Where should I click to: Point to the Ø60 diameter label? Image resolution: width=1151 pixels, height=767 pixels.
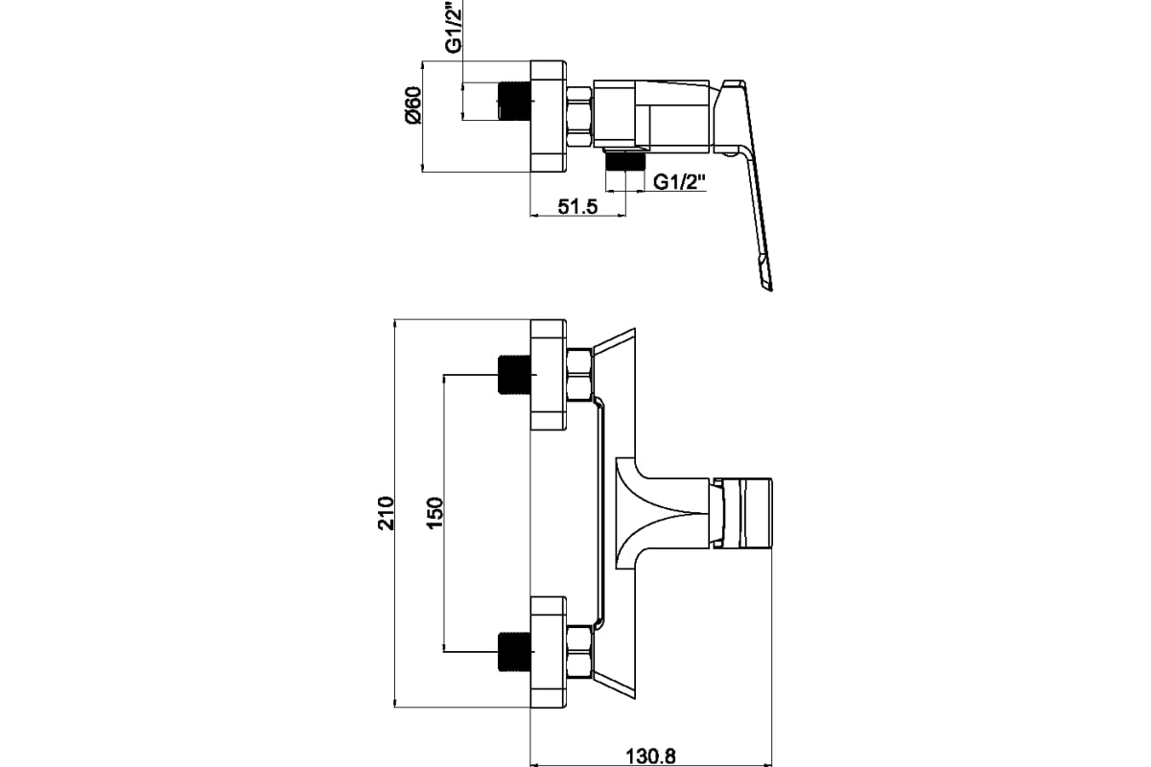[412, 105]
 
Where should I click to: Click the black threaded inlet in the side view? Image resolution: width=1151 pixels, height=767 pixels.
[514, 101]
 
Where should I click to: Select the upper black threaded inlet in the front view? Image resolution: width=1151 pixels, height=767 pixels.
[514, 376]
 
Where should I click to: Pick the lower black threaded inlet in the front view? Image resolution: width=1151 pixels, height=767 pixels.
[514, 652]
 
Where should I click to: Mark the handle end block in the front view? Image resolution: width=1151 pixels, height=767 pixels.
[746, 512]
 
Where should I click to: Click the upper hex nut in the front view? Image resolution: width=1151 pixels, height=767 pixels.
[579, 375]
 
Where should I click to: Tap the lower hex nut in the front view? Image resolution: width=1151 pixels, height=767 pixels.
[579, 652]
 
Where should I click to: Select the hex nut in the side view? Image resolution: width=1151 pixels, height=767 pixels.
[579, 116]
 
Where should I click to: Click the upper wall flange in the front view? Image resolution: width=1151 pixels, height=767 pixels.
[549, 375]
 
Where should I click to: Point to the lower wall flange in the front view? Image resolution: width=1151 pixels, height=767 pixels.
[549, 652]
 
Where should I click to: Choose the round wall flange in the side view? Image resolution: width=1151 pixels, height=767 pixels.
[549, 116]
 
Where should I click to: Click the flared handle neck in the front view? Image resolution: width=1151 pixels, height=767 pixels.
[662, 512]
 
